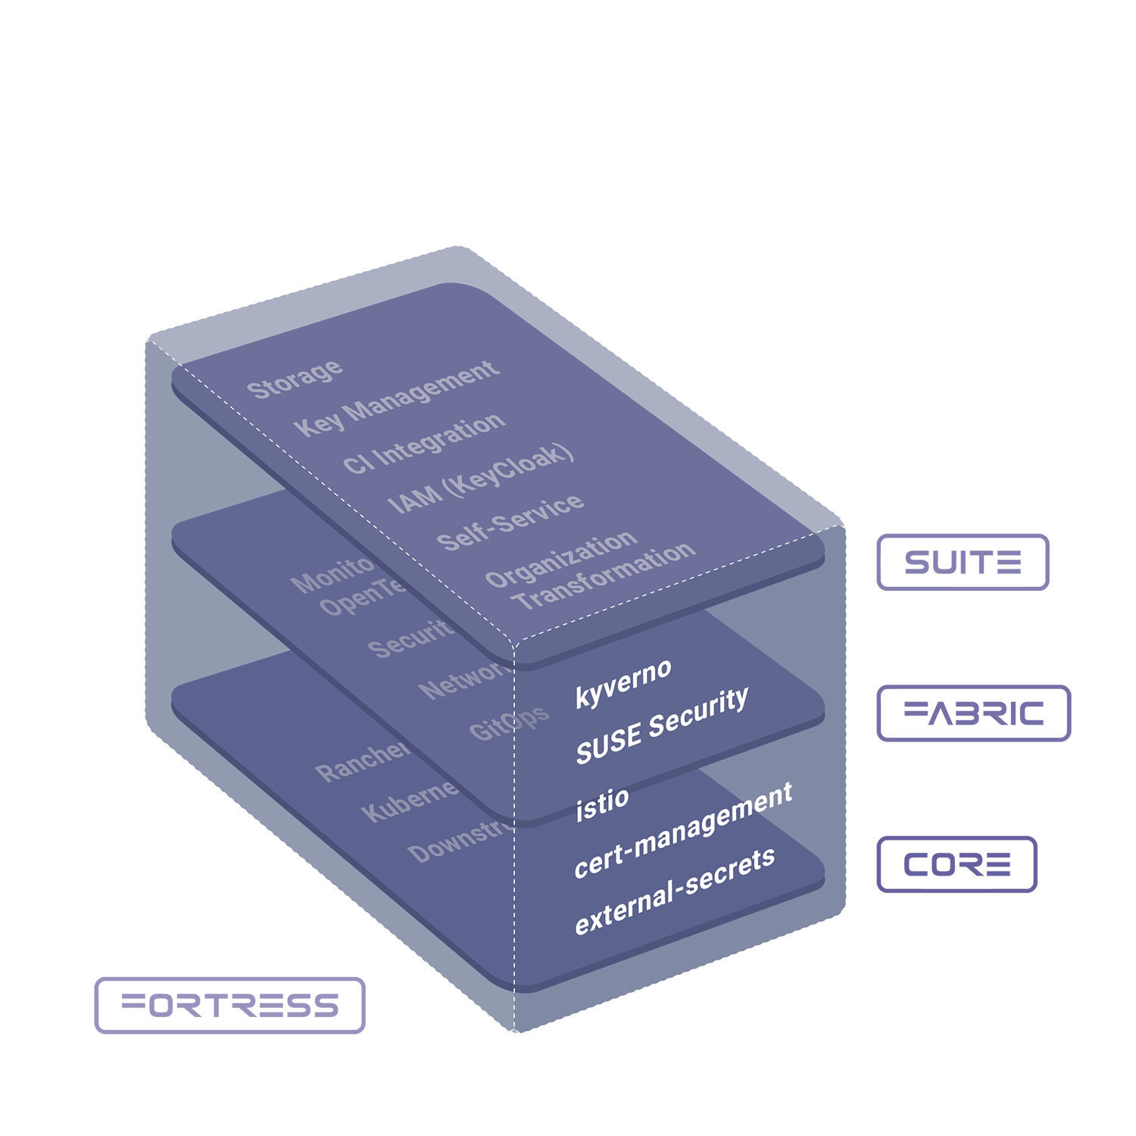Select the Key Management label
pos(396,398)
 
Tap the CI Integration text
pos(423,444)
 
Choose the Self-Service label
pos(510,523)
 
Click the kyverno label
pos(623,682)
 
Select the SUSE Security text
pos(662,726)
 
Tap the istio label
pos(602,804)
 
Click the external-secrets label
pos(675,891)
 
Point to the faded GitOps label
pos(508,723)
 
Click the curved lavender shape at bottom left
pos(242,962)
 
